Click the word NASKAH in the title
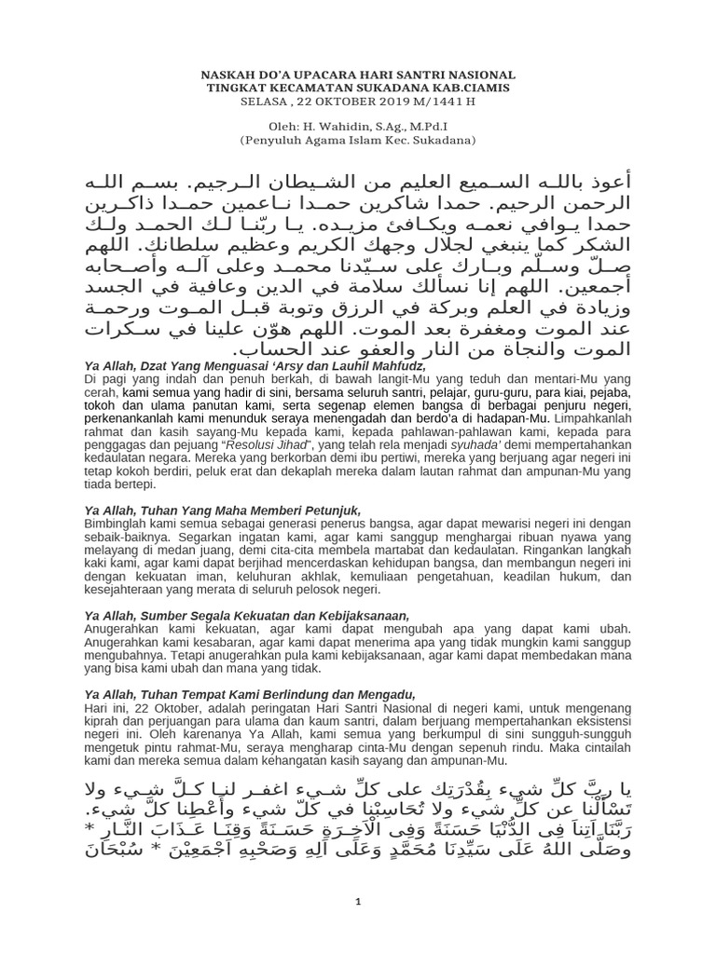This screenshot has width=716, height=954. tap(229, 74)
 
